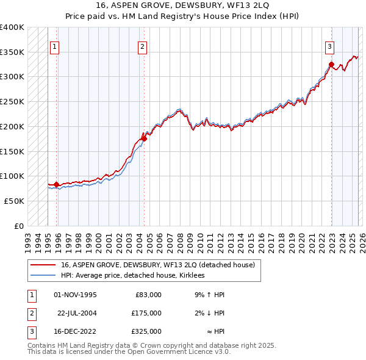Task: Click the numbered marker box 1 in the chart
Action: [54, 46]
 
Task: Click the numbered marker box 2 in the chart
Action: [142, 46]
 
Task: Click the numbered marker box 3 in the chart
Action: [329, 46]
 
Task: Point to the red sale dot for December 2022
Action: [331, 64]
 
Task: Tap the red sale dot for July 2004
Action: [145, 139]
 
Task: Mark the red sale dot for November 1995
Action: [57, 184]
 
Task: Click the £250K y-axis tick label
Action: [12, 101]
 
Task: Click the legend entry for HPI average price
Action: [132, 276]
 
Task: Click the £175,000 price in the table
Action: [146, 313]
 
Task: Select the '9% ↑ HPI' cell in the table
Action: [210, 295]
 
